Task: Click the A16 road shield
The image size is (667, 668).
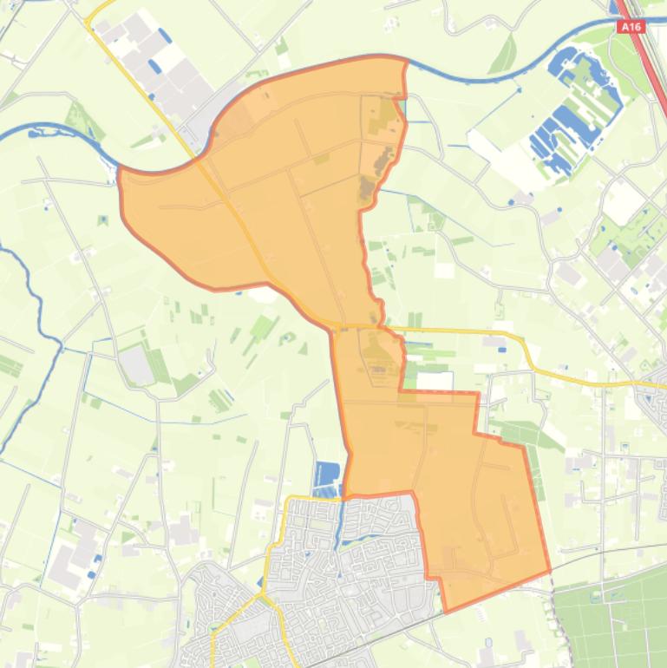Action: (x=631, y=28)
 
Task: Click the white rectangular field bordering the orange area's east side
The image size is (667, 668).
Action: (x=435, y=381)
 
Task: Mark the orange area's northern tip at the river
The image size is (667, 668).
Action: (x=404, y=61)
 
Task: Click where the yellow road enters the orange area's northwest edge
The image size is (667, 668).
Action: (x=202, y=156)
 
